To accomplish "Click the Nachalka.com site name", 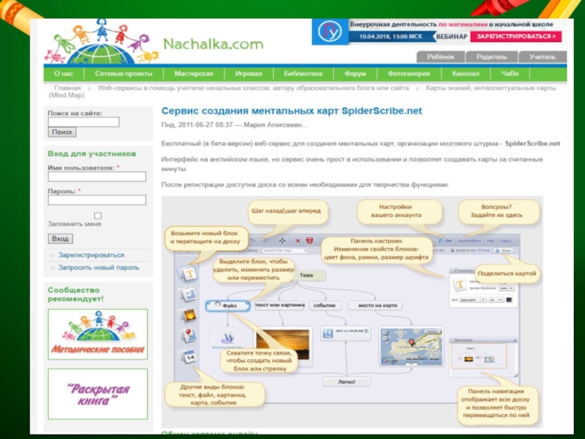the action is tap(213, 44).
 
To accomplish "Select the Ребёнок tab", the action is tap(441, 56).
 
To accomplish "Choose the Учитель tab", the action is tap(543, 56).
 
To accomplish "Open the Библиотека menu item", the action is tap(303, 74).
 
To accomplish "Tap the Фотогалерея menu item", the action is tap(409, 74).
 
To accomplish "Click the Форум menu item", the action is tap(355, 74).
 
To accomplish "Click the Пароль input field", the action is tap(97, 200).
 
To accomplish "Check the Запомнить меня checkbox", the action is tap(97, 216).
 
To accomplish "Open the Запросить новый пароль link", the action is tap(98, 267).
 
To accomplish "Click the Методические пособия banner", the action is tap(97, 334).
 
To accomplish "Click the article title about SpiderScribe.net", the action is tap(292, 110).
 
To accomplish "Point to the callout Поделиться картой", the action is tap(508, 274).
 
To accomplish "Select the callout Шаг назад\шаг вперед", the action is tap(286, 211).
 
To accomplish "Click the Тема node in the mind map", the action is tap(306, 275).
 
